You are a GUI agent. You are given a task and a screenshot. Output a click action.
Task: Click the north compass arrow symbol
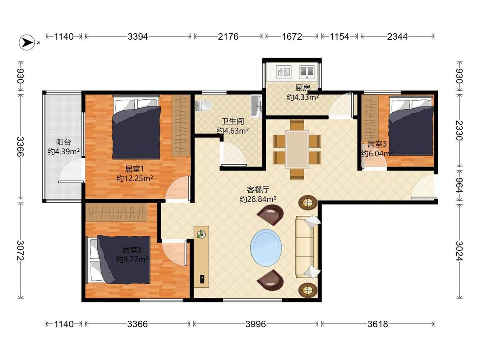click(x=27, y=43)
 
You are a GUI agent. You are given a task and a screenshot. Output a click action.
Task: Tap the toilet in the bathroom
click(x=204, y=106)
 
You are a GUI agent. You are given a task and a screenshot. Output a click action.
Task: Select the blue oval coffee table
click(x=266, y=248)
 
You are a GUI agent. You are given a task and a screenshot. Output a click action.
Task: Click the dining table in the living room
click(x=297, y=150)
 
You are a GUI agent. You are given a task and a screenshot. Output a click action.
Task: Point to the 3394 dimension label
click(x=138, y=37)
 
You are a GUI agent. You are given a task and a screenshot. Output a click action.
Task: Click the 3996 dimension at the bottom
click(x=256, y=324)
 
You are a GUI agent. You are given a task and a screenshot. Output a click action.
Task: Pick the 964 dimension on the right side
click(x=459, y=185)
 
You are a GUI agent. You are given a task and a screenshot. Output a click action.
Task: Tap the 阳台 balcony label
click(x=64, y=142)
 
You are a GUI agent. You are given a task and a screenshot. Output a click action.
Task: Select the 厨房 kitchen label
click(x=303, y=88)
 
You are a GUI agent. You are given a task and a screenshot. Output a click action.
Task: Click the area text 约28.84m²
click(x=258, y=199)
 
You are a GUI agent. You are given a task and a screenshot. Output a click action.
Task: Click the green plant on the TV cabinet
click(x=201, y=235)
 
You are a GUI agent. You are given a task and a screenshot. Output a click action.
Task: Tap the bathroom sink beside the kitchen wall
click(x=256, y=106)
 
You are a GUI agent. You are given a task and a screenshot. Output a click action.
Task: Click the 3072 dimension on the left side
click(x=20, y=250)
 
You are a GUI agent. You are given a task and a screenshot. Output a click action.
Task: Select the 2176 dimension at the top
click(x=228, y=37)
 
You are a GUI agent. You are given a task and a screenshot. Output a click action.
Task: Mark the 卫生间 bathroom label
click(x=233, y=121)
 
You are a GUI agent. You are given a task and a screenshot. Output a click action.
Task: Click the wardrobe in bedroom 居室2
click(x=116, y=212)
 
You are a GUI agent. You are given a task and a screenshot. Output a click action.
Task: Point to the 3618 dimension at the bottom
click(x=378, y=324)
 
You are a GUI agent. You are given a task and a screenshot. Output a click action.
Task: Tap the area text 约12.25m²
click(x=135, y=178)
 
